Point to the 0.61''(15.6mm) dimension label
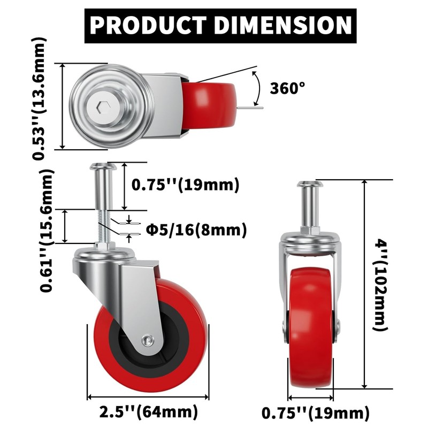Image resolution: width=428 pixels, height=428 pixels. (x=47, y=230)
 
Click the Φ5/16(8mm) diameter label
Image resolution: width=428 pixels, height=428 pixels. (x=196, y=230)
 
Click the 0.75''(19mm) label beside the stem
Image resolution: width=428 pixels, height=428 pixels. (x=185, y=185)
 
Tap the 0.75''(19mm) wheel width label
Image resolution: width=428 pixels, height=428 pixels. (x=315, y=413)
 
